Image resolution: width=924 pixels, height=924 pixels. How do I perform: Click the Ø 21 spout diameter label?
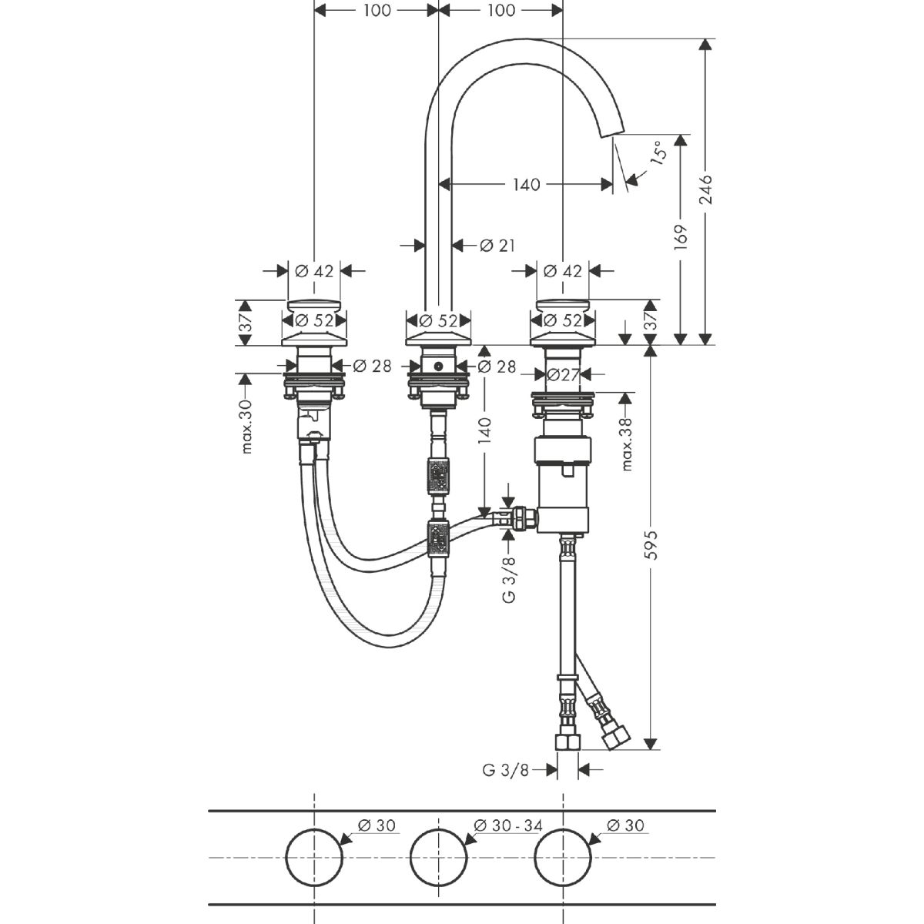point(496,246)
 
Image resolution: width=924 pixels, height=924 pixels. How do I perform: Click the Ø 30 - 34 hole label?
point(508,825)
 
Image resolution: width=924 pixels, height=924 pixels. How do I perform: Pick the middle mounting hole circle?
point(438,857)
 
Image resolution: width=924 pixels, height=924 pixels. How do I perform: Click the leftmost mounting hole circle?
point(313,857)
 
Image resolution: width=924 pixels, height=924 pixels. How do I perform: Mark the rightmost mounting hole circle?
point(564,857)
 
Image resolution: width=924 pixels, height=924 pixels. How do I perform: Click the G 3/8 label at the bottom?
point(506,769)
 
